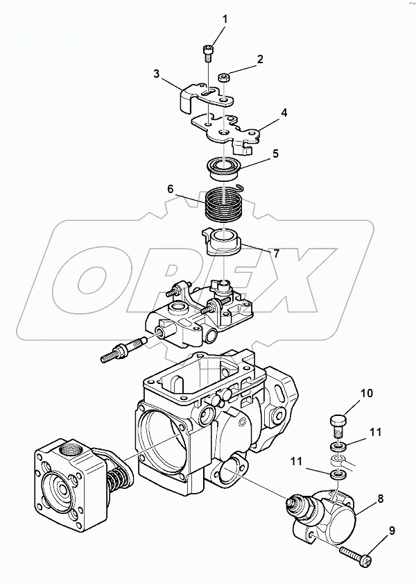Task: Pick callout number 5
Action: (x=275, y=153)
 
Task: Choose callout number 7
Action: (x=276, y=253)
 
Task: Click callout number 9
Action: (x=391, y=532)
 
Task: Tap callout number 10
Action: (x=365, y=393)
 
